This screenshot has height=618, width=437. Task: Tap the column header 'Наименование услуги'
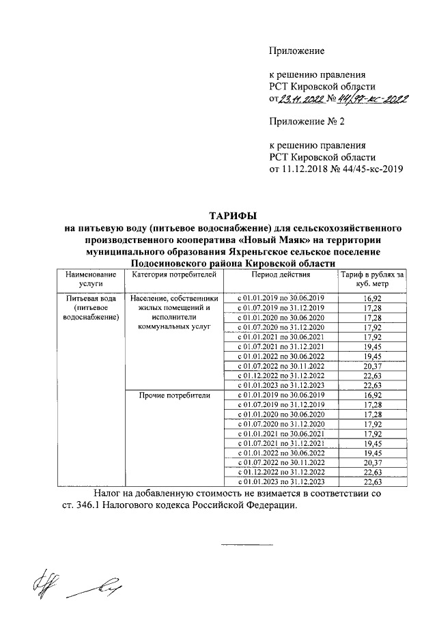click(x=90, y=279)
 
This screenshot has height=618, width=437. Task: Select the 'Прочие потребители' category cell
click(x=174, y=396)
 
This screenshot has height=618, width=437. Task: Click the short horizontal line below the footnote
click(x=246, y=544)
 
